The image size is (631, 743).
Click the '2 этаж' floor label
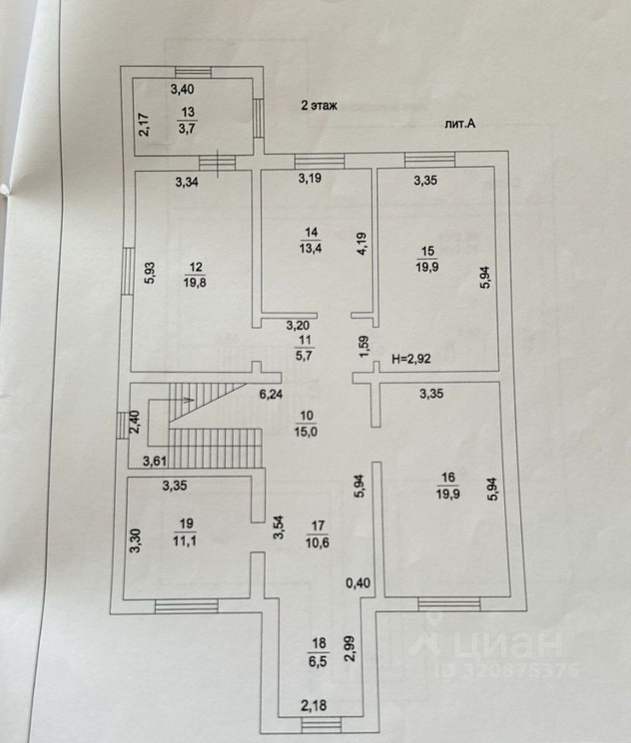(319, 107)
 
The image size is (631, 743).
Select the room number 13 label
(187, 111)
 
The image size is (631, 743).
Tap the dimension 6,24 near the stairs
(270, 394)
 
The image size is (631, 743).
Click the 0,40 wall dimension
(357, 583)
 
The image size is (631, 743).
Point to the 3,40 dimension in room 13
(183, 90)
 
